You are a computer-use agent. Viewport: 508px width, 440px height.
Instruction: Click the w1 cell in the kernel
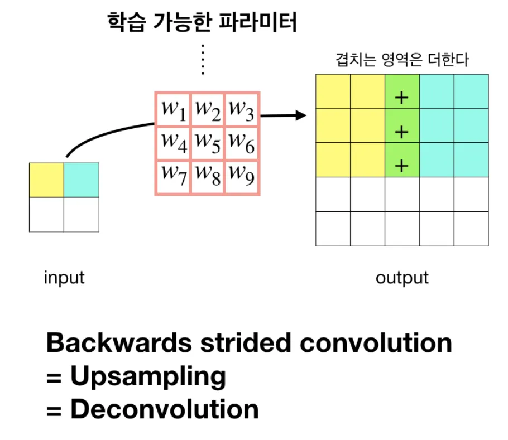point(174,110)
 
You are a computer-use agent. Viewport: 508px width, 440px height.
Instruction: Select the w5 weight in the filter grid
point(208,143)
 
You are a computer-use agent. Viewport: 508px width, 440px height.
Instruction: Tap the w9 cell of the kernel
point(242,177)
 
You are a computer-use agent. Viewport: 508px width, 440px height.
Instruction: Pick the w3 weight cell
point(242,110)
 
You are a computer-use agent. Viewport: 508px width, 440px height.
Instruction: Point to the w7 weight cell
point(174,177)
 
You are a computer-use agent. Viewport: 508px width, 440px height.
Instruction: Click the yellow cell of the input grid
point(47,180)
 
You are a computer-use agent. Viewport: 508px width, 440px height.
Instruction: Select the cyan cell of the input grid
point(82,180)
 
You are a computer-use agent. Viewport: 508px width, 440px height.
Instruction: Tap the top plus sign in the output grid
point(402,98)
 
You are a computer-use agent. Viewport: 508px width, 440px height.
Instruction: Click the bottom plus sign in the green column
point(402,166)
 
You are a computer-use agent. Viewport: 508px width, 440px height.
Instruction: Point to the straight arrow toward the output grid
point(284,115)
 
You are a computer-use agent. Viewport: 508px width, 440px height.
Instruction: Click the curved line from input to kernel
point(104,134)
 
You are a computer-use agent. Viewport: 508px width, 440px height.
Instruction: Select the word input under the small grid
point(64,278)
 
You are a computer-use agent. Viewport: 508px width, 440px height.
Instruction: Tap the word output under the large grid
point(402,278)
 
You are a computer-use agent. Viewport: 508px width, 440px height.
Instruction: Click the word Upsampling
point(148,376)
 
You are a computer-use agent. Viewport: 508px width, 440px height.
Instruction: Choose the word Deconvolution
point(165,409)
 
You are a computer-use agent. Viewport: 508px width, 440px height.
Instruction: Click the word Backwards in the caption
point(119,343)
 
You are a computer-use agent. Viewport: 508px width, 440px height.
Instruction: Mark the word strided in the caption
point(246,343)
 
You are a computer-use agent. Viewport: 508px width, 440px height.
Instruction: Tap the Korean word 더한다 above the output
point(448,60)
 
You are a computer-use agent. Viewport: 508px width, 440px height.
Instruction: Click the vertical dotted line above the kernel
point(203,60)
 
